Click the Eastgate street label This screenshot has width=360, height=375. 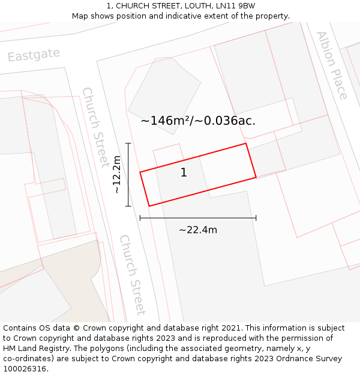pos(34,55)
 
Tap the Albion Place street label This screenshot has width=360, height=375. pos(332,65)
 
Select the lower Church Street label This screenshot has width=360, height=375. pos(132,274)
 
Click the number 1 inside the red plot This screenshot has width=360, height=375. pos(184,173)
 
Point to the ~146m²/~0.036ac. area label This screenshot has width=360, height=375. pos(198,121)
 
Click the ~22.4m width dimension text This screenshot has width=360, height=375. pos(198,230)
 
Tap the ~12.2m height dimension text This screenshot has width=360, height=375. pos(117,175)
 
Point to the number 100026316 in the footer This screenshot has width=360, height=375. pos(23,368)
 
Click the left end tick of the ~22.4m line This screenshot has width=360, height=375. pos(140,218)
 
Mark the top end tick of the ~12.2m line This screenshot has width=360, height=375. pos(128,143)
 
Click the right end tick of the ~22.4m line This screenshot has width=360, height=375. pos(256,218)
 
